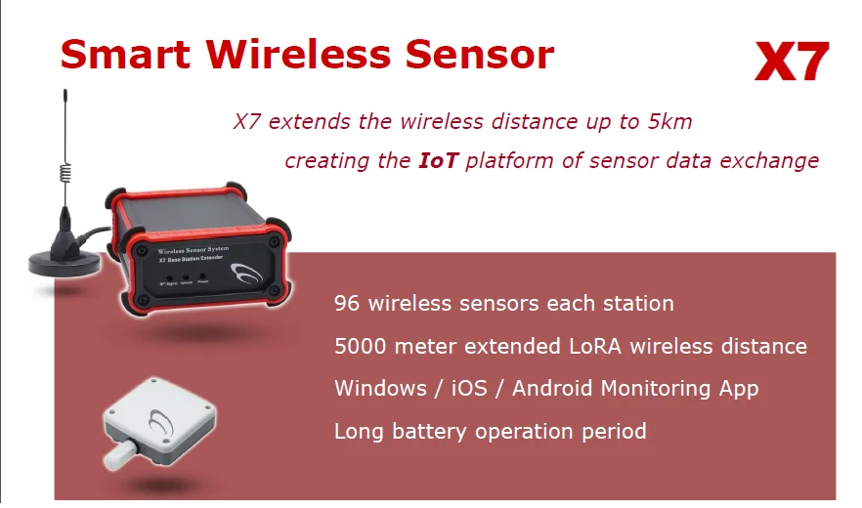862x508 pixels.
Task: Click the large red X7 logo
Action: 792,63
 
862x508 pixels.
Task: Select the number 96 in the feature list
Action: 347,303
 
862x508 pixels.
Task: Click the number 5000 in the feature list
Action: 362,346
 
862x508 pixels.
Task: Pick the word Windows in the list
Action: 376,388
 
